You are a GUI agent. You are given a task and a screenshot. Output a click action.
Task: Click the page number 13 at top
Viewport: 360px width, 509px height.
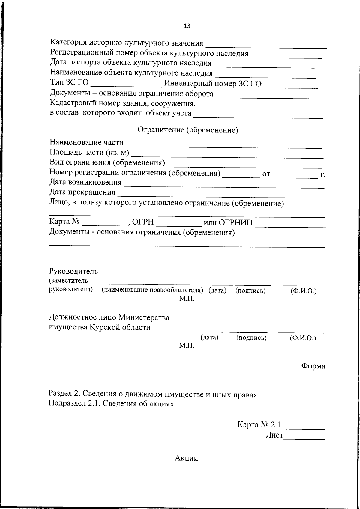pyautogui.click(x=187, y=26)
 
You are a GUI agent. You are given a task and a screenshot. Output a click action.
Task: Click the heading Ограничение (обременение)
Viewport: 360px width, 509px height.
pyautogui.click(x=188, y=130)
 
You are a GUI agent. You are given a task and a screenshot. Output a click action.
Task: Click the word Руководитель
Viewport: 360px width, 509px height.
pyautogui.click(x=73, y=272)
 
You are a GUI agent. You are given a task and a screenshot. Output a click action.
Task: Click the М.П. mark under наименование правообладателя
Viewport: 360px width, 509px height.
pyautogui.click(x=187, y=299)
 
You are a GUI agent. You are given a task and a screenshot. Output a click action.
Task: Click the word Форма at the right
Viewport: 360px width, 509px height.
pyautogui.click(x=313, y=366)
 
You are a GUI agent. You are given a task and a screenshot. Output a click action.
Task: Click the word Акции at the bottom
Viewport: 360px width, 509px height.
pyautogui.click(x=186, y=458)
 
